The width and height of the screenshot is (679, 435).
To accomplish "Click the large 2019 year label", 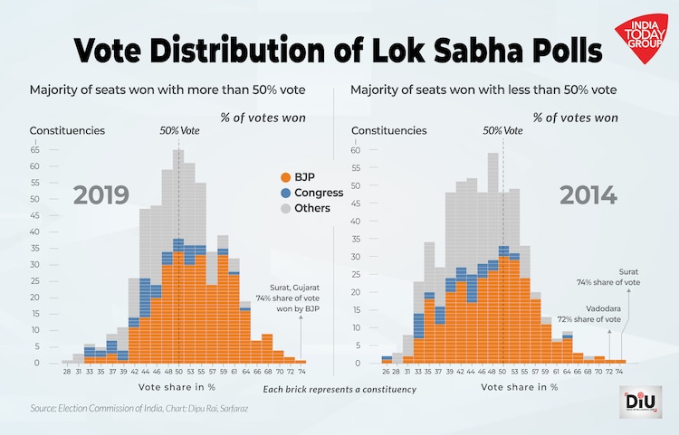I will pos(101,196).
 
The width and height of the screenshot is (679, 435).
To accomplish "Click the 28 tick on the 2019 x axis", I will pos(67,372).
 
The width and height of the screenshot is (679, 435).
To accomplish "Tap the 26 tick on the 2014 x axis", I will pos(387,372).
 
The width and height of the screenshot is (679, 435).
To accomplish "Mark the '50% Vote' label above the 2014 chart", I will pos(502,130).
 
